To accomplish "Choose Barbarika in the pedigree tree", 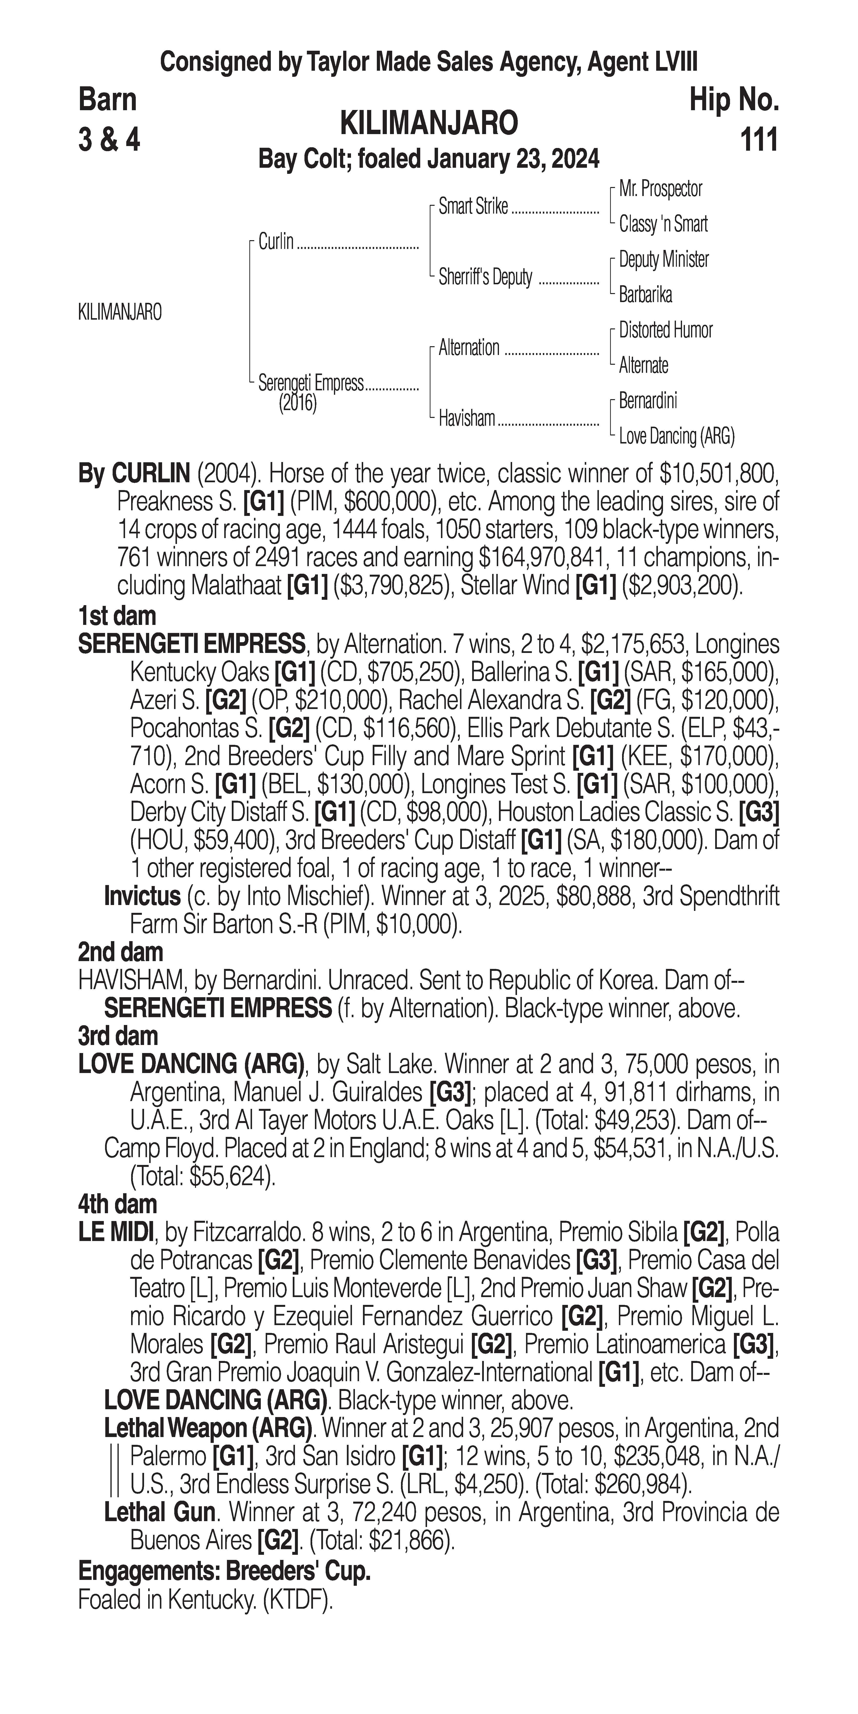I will pos(645,295).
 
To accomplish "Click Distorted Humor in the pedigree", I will pos(665,330).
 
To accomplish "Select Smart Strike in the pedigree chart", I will pos(473,207).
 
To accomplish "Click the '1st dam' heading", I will pos(117,616).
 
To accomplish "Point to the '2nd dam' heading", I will pos(120,952).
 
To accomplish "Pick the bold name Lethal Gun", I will pos(159,1512).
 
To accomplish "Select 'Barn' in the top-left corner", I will pos(107,100).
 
